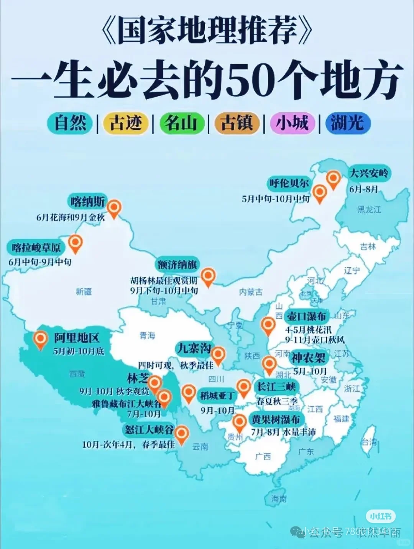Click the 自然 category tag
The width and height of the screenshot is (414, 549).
click(x=70, y=123)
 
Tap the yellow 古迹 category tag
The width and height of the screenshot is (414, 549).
click(x=125, y=123)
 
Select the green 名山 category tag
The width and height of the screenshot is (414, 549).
click(x=181, y=123)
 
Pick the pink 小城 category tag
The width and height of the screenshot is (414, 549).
click(x=292, y=123)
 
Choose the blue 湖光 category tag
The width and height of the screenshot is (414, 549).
click(x=347, y=123)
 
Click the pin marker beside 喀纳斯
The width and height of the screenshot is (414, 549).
click(x=114, y=208)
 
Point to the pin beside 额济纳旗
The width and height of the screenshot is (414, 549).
click(x=208, y=276)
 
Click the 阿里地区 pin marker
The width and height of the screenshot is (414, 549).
click(x=40, y=339)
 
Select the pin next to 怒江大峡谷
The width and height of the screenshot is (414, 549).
click(x=181, y=434)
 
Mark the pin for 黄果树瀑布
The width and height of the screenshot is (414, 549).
click(x=240, y=422)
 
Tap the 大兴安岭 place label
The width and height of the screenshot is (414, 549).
click(x=368, y=173)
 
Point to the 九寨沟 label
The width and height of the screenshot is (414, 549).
click(x=193, y=348)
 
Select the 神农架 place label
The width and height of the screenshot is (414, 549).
click(x=308, y=358)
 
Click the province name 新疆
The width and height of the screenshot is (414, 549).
click(x=84, y=292)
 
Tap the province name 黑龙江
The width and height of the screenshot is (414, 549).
click(x=369, y=209)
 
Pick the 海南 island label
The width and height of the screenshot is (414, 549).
click(x=279, y=499)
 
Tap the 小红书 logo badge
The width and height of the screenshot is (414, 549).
click(x=380, y=516)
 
